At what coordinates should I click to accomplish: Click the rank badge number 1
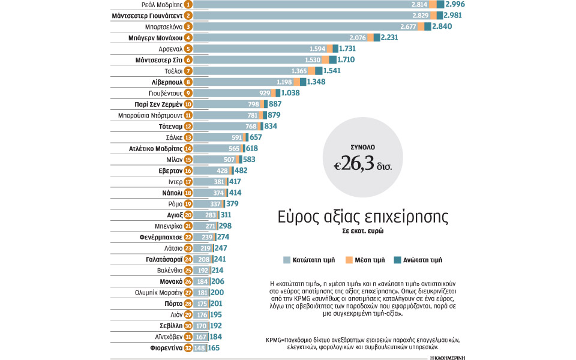[x=188, y=4]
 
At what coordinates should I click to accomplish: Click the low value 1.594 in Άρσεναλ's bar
[x=317, y=49]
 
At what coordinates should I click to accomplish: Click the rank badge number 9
[x=188, y=93]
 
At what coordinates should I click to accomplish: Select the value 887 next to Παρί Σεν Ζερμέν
[x=279, y=104]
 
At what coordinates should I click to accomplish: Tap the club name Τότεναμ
[x=170, y=127]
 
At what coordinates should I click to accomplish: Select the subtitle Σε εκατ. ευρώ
[x=363, y=231]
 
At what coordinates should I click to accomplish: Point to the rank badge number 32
[x=188, y=348]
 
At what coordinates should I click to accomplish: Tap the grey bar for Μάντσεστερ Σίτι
[x=258, y=59]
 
